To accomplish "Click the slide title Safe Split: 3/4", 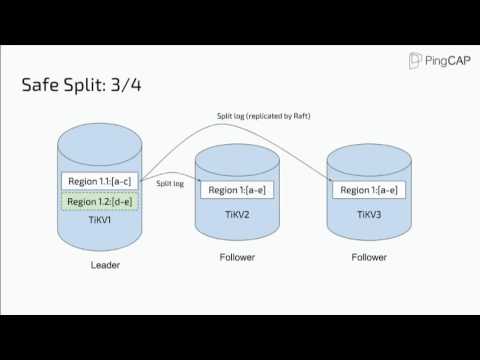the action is tap(81, 85).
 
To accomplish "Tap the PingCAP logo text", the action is tap(446, 61).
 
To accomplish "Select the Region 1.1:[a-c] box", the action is tap(98, 180).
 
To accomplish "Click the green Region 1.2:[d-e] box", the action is tap(98, 202).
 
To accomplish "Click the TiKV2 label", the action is tap(236, 213).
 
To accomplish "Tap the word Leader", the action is tap(105, 266).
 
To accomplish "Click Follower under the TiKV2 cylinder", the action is tap(237, 257).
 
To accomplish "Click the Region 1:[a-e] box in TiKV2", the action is tap(236, 189).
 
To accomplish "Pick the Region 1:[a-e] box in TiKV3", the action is tap(368, 189).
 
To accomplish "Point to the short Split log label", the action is tap(169, 184).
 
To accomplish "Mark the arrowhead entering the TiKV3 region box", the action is tap(330, 181).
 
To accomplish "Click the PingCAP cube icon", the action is tap(416, 61).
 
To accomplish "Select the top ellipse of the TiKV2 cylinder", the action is tap(236, 156).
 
